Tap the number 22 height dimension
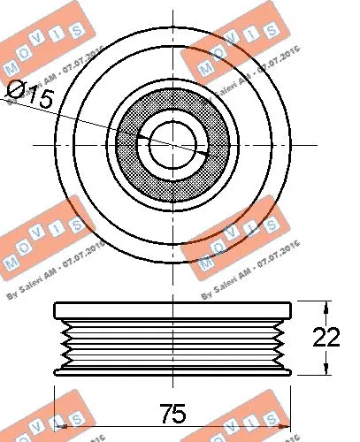(326, 336)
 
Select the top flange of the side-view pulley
(173, 309)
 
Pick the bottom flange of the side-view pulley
(173, 368)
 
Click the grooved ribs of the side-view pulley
(173, 340)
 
